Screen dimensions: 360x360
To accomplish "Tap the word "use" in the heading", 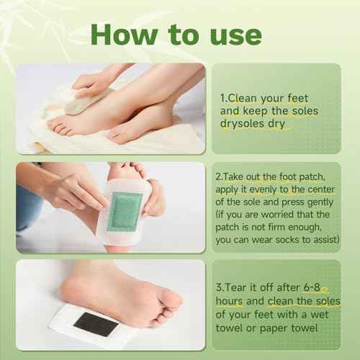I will pos(231,34).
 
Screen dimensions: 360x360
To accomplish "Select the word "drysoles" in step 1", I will pos(247,123).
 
